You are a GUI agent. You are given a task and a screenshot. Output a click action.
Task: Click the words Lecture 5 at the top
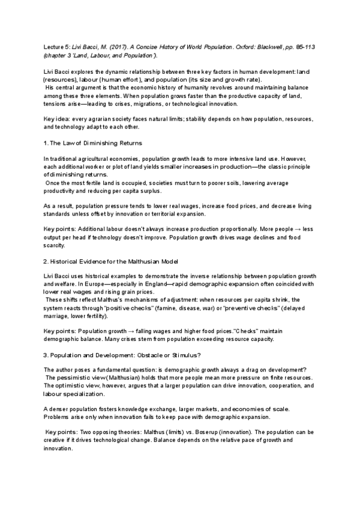coord(58,45)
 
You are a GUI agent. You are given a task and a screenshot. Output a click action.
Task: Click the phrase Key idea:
coord(59,120)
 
